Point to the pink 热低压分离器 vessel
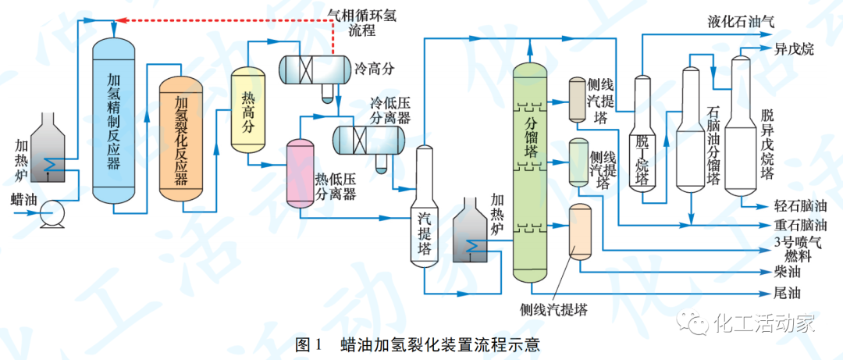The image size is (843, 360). click(x=300, y=173)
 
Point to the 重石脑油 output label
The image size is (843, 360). click(x=800, y=225)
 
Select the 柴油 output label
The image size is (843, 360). click(x=794, y=274)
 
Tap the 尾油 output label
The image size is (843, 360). click(x=794, y=294)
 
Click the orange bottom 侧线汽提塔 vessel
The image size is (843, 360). click(x=580, y=231)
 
